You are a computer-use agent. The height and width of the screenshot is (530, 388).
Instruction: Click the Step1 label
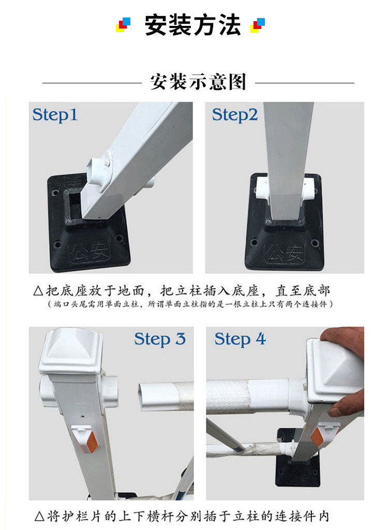tap(55, 115)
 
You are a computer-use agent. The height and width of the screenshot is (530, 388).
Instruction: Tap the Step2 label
tap(235, 115)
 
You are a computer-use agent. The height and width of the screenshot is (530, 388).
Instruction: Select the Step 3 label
tap(160, 340)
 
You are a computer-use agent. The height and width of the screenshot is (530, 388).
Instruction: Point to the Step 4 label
tap(241, 340)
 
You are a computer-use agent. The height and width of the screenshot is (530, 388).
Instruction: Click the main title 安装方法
tap(192, 25)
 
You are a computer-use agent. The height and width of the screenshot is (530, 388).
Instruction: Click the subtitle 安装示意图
tap(198, 81)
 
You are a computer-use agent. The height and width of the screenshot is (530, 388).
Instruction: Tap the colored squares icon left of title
tap(123, 25)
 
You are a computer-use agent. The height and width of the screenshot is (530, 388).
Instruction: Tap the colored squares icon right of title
tap(258, 25)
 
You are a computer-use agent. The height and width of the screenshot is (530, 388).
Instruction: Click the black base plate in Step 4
tap(297, 471)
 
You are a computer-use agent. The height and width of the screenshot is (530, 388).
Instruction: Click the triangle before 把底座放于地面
tap(38, 291)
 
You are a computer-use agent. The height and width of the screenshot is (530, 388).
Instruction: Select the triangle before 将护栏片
tap(39, 517)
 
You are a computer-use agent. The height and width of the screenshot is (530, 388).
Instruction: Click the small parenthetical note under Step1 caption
tap(190, 304)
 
